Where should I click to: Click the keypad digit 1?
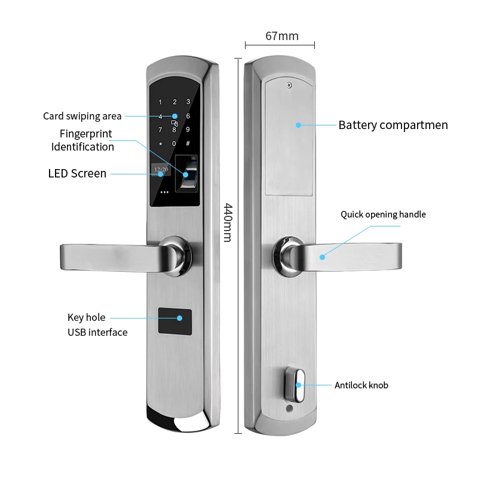click(x=160, y=102)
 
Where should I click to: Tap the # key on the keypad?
click(x=188, y=143)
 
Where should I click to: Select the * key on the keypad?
click(x=160, y=143)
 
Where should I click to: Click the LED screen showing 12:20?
click(x=161, y=170)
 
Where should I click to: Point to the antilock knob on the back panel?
click(x=298, y=384)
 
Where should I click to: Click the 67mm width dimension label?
click(x=281, y=36)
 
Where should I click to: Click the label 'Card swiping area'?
click(x=82, y=116)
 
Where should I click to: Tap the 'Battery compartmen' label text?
click(x=393, y=125)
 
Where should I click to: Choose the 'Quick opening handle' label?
click(x=383, y=215)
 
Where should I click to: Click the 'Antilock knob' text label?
click(x=361, y=385)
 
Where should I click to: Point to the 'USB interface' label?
click(x=97, y=332)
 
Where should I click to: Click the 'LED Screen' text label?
click(x=77, y=174)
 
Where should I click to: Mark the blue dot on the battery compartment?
click(x=298, y=125)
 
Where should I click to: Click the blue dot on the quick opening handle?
click(x=322, y=257)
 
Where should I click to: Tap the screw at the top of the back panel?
click(x=289, y=85)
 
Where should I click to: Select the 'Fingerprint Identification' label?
click(x=83, y=140)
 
